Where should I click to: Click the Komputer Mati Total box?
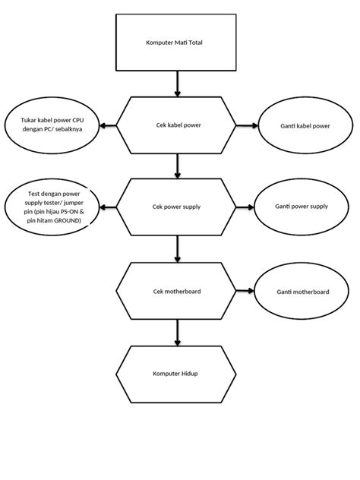(x=177, y=43)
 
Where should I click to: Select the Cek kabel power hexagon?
(x=177, y=125)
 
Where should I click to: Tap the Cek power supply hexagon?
(x=177, y=207)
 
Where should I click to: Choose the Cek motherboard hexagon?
(x=177, y=290)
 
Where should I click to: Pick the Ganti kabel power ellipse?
(x=305, y=125)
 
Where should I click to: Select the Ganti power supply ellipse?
(x=302, y=207)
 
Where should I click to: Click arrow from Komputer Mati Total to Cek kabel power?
(x=178, y=83)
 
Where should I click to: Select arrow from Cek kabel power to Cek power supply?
(x=178, y=165)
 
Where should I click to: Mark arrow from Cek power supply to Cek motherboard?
(x=178, y=248)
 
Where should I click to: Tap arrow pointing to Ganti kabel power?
(x=246, y=125)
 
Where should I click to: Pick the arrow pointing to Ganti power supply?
(x=245, y=207)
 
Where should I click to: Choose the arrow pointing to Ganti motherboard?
(x=245, y=290)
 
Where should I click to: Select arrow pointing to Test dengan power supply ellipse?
(x=109, y=207)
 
